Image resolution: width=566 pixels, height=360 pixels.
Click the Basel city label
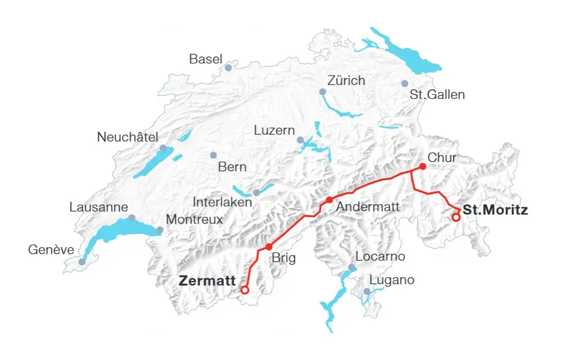[x=206, y=59]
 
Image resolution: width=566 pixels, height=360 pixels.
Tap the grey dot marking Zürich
[x=322, y=92]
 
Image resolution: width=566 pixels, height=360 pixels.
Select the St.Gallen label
[x=437, y=95]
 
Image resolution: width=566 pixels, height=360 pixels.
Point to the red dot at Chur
[x=423, y=167]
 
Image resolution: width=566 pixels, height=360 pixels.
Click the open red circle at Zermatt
[x=245, y=290]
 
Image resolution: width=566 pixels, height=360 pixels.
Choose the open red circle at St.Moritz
[x=456, y=218]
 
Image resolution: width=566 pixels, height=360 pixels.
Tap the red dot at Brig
[x=269, y=247]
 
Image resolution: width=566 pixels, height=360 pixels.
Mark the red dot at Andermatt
[x=330, y=200]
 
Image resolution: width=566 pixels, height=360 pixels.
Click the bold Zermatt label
[x=207, y=280]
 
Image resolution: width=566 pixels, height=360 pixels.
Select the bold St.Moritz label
[x=495, y=210]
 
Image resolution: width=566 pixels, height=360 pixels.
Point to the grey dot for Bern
[x=213, y=155]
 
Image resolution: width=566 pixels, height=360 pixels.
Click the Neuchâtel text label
[x=128, y=137]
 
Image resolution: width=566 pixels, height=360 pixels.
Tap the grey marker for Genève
[x=82, y=262]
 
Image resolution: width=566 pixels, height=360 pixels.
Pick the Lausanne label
[x=99, y=207]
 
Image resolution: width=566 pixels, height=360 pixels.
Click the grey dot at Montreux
[x=160, y=230]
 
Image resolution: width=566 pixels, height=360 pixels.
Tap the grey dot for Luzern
[x=300, y=140]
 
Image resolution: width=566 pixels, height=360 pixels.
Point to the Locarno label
[x=380, y=256]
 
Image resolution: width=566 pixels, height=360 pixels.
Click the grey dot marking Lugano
[x=367, y=291]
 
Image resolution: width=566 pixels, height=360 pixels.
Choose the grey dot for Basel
[x=228, y=68]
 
